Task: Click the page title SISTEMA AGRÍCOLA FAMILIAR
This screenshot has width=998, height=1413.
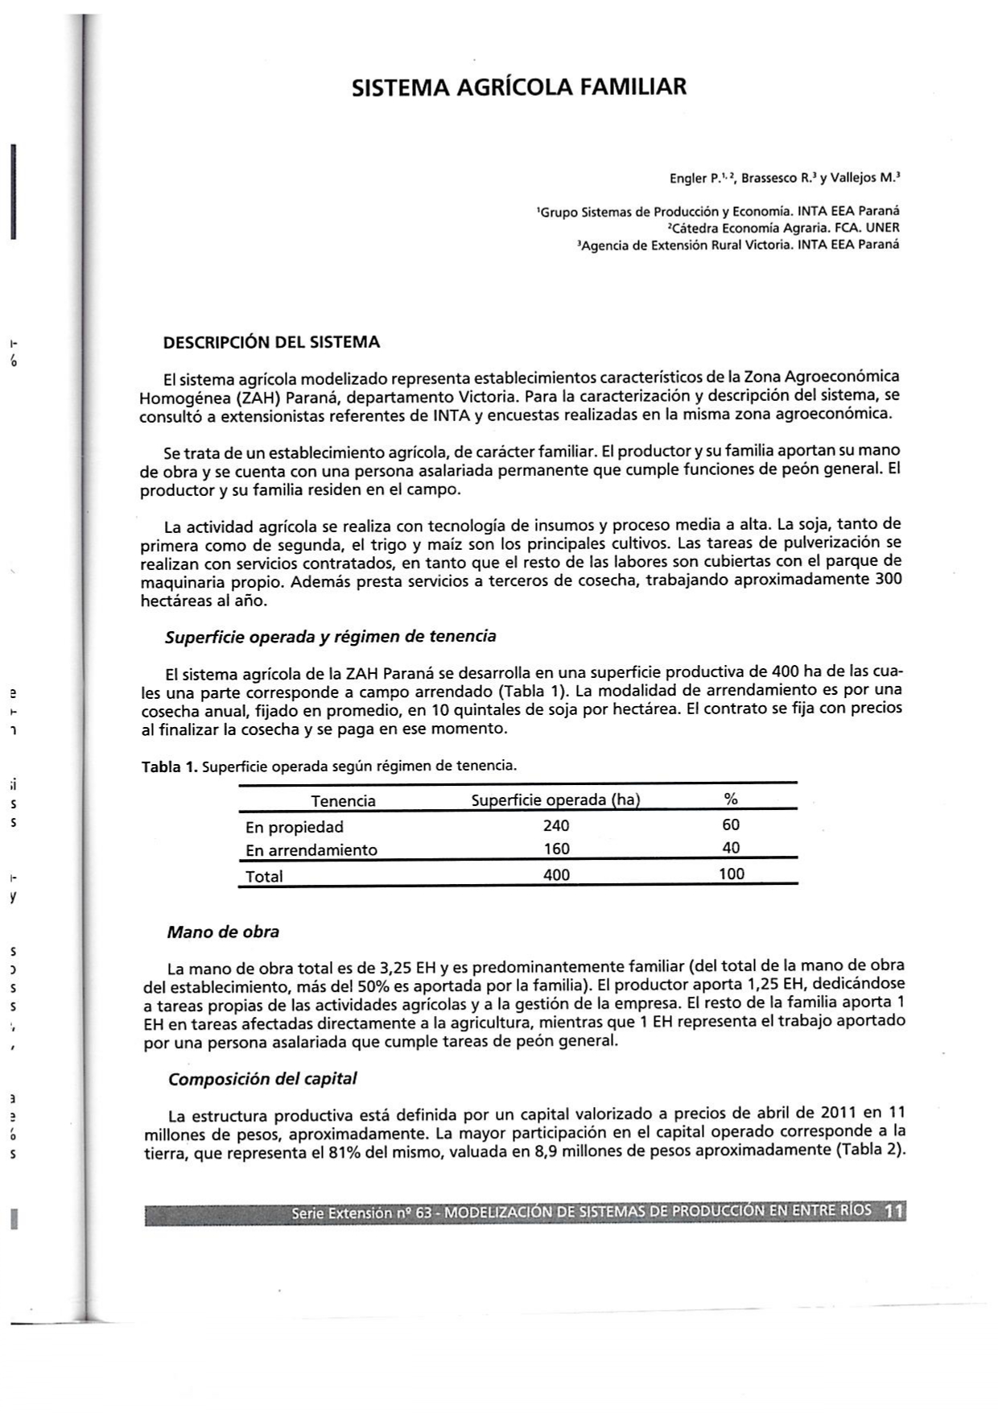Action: (x=519, y=87)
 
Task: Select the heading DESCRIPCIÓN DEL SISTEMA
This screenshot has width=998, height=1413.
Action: (x=271, y=342)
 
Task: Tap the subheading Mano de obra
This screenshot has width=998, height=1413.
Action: (x=223, y=932)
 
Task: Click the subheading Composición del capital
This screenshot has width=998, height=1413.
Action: (x=262, y=1079)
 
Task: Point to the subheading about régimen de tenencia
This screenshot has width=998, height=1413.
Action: (x=330, y=637)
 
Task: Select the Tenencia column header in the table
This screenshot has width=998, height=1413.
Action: (x=343, y=800)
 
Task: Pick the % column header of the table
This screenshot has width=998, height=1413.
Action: (x=731, y=799)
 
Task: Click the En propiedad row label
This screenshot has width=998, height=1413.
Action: (x=294, y=827)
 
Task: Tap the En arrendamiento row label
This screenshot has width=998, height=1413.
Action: (x=311, y=850)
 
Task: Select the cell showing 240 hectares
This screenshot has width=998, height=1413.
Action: (x=555, y=825)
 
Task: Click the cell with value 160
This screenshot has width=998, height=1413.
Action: (x=555, y=849)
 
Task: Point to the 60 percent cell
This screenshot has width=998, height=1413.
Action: (x=731, y=824)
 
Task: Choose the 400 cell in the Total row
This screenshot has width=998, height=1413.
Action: (x=555, y=875)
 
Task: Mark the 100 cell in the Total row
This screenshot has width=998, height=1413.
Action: (x=731, y=874)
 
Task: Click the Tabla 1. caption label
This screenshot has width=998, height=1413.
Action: (x=169, y=766)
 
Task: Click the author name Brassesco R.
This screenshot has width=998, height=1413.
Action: (x=775, y=177)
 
